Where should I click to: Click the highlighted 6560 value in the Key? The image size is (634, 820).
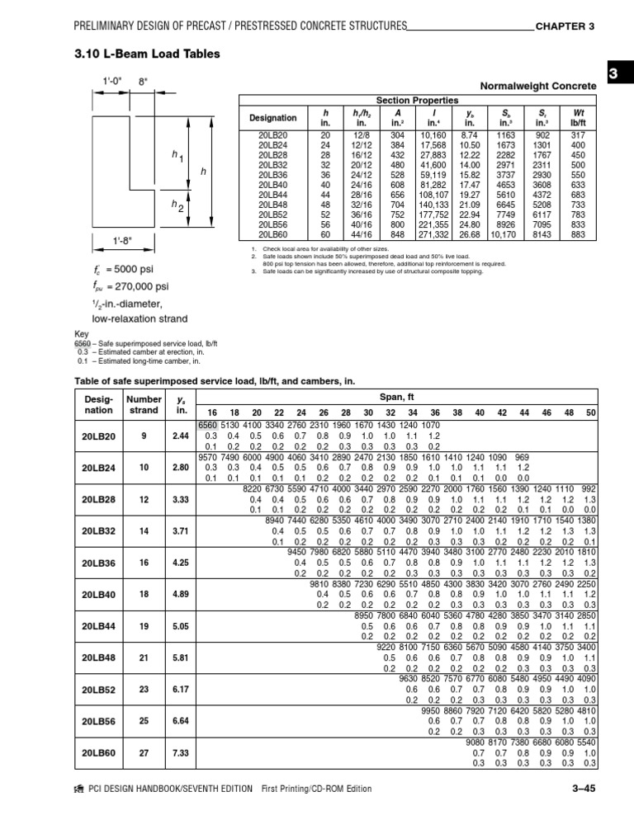83,342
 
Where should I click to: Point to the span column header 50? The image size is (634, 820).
589,412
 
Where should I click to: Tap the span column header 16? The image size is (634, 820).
212,412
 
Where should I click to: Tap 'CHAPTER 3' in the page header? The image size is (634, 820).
565,26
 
